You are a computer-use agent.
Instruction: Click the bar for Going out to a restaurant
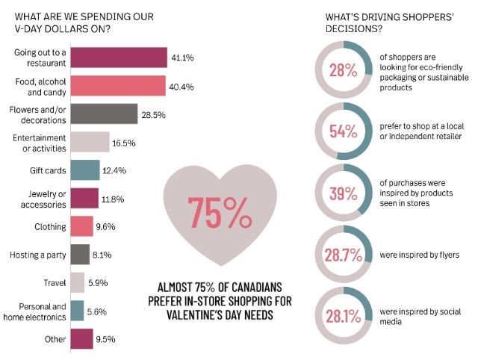(x=118, y=58)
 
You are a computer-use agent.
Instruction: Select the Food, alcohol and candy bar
(x=117, y=86)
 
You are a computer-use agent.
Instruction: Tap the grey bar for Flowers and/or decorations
(x=104, y=114)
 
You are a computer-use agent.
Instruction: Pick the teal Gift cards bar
(x=84, y=170)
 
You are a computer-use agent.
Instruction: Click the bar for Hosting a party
(x=80, y=255)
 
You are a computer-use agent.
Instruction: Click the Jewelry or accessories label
(x=39, y=199)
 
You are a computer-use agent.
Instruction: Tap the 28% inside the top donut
(x=344, y=71)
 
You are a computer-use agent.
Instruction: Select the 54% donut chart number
(x=344, y=131)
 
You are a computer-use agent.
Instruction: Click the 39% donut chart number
(x=344, y=194)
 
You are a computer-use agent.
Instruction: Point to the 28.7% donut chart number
(x=344, y=255)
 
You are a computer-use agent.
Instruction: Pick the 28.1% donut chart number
(x=344, y=317)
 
